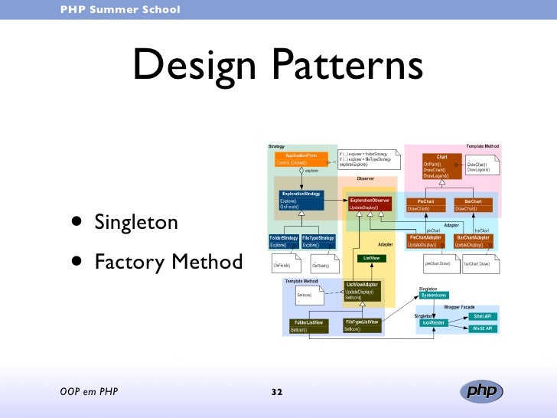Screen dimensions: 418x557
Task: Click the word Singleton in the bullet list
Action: [x=136, y=224]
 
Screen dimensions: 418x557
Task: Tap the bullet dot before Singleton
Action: [x=77, y=222]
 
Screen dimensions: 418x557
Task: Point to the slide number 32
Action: [x=277, y=393]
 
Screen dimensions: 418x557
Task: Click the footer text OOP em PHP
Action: [x=89, y=393]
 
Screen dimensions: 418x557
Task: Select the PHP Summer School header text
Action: [x=121, y=10]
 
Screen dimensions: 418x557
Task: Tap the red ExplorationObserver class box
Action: [x=370, y=204]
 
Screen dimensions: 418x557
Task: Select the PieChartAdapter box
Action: [x=425, y=241]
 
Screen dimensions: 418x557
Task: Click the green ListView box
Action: [x=370, y=259]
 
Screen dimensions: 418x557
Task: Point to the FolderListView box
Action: [x=309, y=325]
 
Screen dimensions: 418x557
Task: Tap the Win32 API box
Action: [x=482, y=328]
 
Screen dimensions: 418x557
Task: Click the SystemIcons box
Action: [x=434, y=295]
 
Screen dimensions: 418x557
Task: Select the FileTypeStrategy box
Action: [x=318, y=241]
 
